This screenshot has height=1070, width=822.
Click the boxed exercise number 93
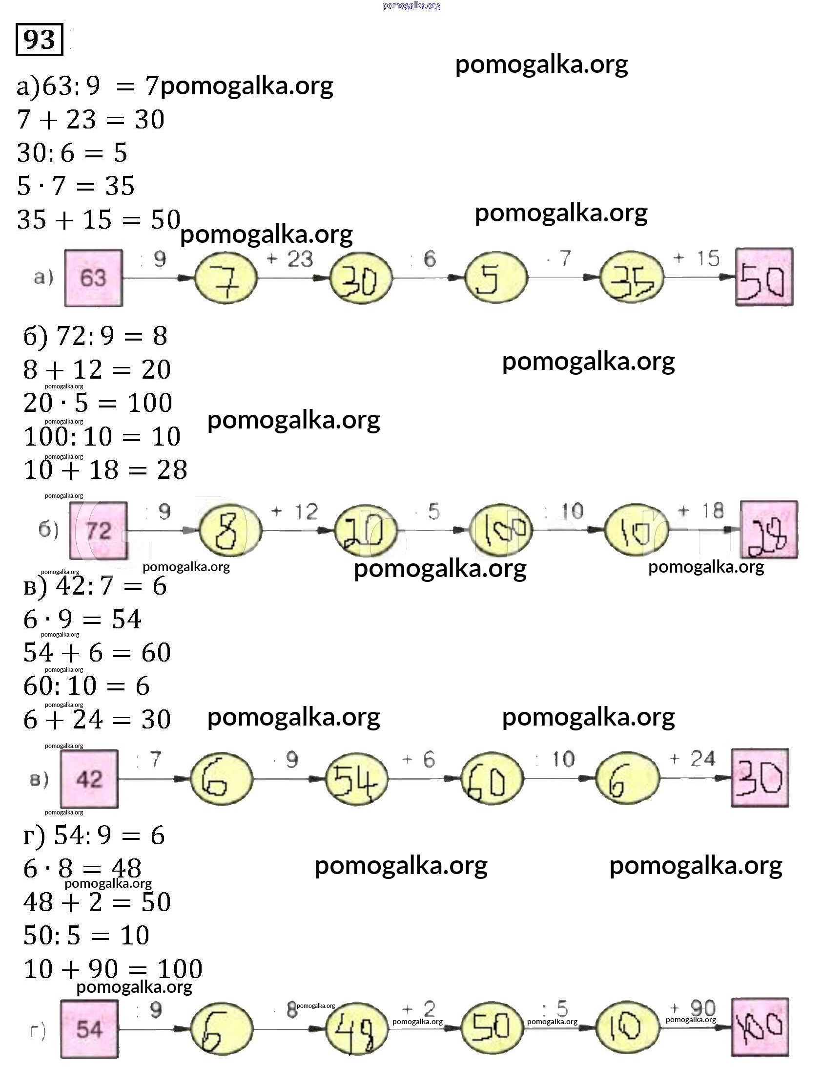(39, 39)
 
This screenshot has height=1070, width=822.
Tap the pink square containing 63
(93, 278)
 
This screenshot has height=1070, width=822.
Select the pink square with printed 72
(98, 530)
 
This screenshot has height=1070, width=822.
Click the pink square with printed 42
(89, 779)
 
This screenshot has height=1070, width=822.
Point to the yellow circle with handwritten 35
(632, 278)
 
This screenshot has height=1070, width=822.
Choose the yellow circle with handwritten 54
(357, 779)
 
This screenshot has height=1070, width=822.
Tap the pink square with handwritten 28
(768, 530)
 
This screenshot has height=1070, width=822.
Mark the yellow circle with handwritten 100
(500, 530)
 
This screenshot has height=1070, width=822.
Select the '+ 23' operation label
(289, 258)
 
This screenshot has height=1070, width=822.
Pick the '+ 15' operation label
(697, 258)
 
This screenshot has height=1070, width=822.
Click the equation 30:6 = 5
(72, 153)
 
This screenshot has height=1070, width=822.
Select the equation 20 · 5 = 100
(98, 403)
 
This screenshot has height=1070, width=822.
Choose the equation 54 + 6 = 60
(97, 653)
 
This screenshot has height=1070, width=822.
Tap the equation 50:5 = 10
(86, 935)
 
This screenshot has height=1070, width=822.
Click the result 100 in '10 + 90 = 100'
(180, 969)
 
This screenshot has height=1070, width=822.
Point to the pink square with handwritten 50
(764, 277)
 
